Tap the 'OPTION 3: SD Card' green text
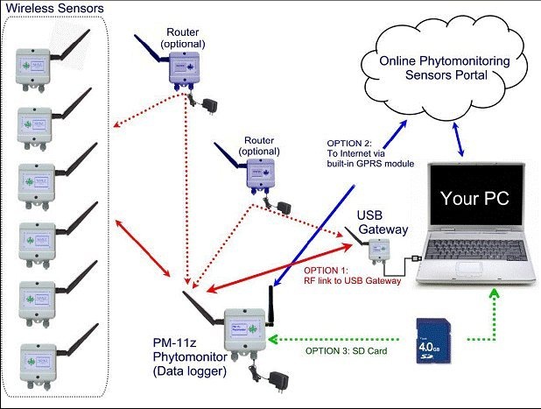tap(345, 351)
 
